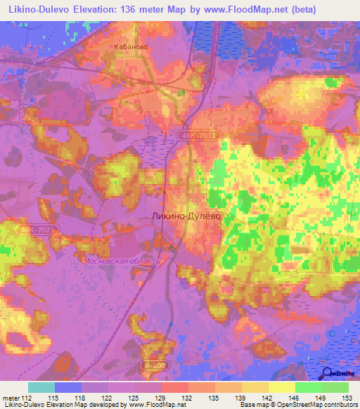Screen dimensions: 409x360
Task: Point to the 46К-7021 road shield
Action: [x=37, y=230]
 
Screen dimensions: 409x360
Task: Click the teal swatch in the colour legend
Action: [x=41, y=387]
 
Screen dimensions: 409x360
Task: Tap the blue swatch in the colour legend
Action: [x=68, y=387]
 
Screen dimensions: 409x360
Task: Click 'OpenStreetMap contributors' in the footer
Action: [x=317, y=405]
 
